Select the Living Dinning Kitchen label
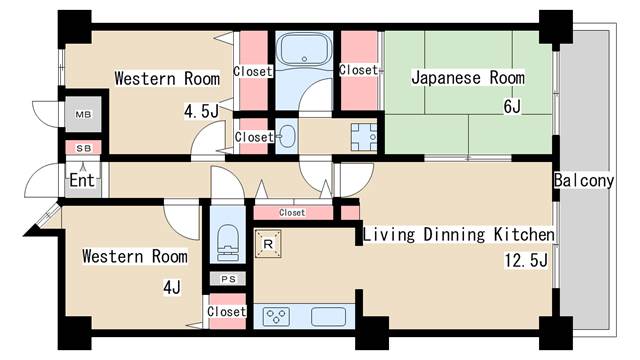458,235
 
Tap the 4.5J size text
199,110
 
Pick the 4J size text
171,287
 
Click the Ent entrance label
82,182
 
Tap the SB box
82,147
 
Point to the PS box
228,279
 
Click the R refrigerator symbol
268,244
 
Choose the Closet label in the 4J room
227,311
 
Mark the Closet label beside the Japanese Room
358,70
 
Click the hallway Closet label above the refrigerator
292,212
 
